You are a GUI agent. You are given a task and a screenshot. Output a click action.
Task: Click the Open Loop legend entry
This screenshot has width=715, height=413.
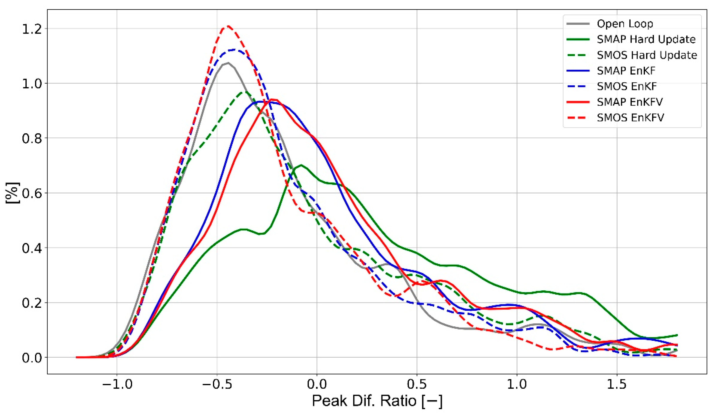point(624,24)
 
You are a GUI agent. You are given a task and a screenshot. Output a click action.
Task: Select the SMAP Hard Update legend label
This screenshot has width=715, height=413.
point(646,39)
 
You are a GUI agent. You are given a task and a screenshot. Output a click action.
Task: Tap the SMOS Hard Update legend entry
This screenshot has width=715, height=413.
point(647,55)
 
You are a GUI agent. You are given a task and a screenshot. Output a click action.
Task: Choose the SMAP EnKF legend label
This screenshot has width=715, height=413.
point(626,71)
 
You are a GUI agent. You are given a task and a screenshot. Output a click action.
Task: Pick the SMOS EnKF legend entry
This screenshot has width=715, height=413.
point(626,86)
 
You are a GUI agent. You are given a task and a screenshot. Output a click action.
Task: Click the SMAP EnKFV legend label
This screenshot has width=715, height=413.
point(630,102)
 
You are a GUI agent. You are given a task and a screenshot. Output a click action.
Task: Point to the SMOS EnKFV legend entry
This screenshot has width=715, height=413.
point(630,118)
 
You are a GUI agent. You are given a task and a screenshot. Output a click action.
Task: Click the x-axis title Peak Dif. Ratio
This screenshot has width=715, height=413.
point(377,401)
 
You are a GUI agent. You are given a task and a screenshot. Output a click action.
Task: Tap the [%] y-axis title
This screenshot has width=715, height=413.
point(13,193)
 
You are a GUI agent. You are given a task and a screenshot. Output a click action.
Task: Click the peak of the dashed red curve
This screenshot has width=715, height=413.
point(228,26)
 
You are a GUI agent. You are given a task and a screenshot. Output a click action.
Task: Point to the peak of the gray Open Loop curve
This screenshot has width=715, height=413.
point(228,63)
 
